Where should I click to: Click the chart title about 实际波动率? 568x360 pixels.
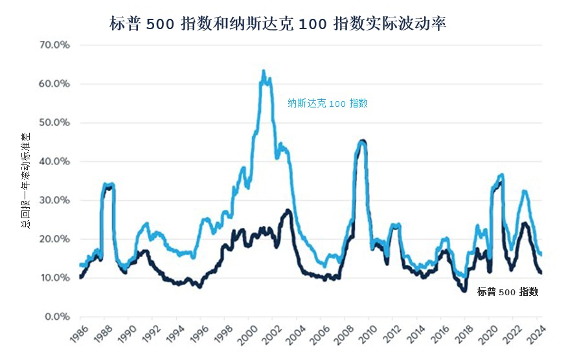[x=278, y=24]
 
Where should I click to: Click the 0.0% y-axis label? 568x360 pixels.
[x=56, y=317]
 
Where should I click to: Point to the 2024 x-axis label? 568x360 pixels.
[x=534, y=335]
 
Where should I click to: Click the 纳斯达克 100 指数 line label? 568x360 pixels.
[x=328, y=103]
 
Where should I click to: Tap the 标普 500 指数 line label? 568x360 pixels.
[x=508, y=292]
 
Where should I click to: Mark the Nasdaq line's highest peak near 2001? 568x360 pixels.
[x=263, y=71]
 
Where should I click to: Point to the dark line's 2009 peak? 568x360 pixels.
[x=362, y=141]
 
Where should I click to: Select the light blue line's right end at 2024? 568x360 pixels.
[x=541, y=254]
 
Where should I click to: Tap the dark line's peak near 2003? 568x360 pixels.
[x=288, y=210]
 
